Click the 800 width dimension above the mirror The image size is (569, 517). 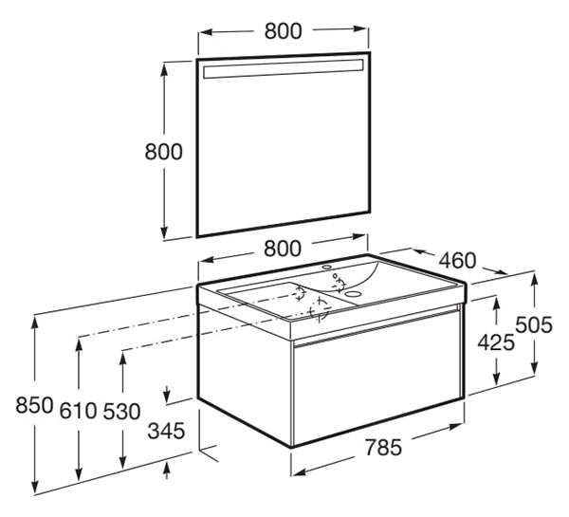coord(283,31)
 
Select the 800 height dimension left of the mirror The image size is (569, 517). coord(164,152)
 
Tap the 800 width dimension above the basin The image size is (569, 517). coord(283,249)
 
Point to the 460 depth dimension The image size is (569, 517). coord(457,261)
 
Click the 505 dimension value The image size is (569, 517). coord(534,325)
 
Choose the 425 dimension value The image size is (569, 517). coord(496,342)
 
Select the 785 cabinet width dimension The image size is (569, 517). coord(383,448)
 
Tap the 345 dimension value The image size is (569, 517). coord(167,431)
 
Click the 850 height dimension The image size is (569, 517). coord(34,405)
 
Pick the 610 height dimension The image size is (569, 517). coord(78,411)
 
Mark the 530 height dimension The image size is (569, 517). coord(121,412)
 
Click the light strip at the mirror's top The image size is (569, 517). coord(283,68)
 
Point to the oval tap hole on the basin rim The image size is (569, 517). coord(327,268)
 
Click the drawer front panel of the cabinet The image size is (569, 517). coord(376,378)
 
